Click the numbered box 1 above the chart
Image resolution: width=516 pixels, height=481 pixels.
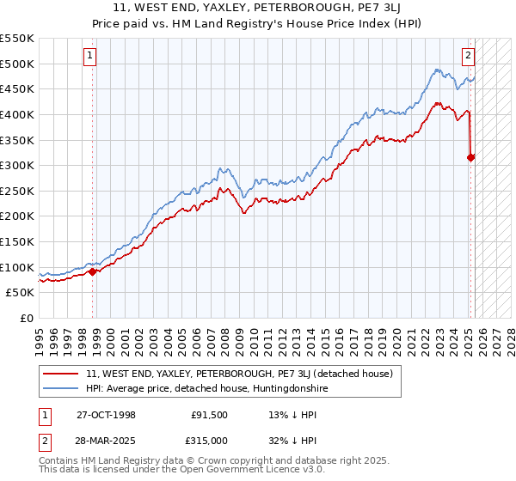pos(90,58)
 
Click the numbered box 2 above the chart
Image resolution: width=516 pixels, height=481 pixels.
pos(468,58)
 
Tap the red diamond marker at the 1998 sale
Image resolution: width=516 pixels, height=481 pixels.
pos(93,271)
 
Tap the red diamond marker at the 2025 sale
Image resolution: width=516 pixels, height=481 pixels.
pos(471,157)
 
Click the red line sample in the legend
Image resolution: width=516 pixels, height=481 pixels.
pos(59,374)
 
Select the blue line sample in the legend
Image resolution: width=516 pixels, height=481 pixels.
pos(59,388)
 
